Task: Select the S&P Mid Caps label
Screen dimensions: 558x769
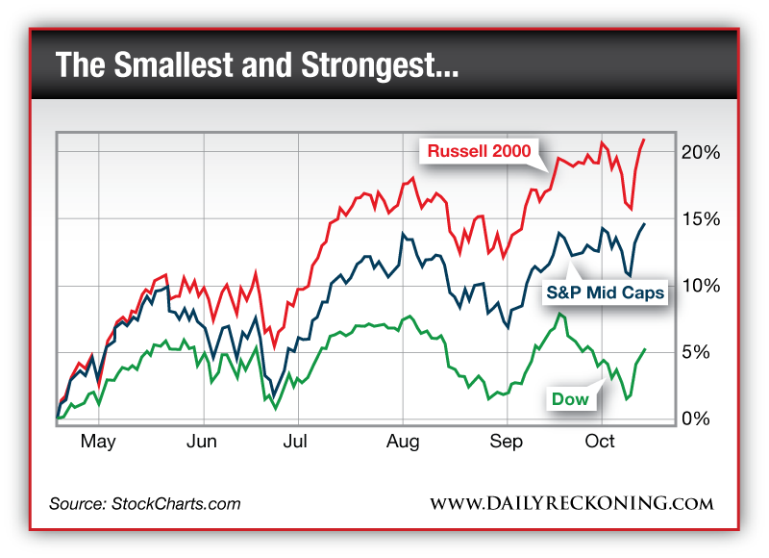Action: [606, 292]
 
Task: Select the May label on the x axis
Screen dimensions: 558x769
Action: [97, 442]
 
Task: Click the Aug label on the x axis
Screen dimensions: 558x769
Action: [403, 442]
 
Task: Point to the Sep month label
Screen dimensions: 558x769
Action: [506, 442]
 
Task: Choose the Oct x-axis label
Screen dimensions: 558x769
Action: [600, 442]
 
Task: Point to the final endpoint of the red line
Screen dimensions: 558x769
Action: [644, 139]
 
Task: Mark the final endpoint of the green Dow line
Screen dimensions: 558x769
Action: [644, 349]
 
